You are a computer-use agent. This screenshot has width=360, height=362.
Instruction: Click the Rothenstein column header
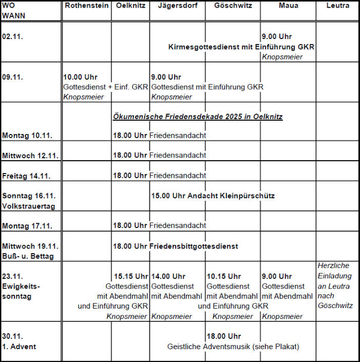pyautogui.click(x=86, y=6)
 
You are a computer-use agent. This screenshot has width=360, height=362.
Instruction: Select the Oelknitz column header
pyautogui.click(x=130, y=6)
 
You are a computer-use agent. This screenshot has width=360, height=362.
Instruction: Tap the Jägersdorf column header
pyautogui.click(x=178, y=6)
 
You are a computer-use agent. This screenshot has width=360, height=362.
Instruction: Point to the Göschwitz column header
pyautogui.click(x=233, y=6)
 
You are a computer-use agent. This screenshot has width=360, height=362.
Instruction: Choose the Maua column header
pyautogui.click(x=288, y=6)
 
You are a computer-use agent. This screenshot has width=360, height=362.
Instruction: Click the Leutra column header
pyautogui.click(x=337, y=6)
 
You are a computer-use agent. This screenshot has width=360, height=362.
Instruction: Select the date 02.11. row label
pyautogui.click(x=13, y=37)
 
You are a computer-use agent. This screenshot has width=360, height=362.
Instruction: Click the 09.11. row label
pyautogui.click(x=13, y=77)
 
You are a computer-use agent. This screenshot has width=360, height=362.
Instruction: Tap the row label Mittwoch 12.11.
pyautogui.click(x=30, y=155)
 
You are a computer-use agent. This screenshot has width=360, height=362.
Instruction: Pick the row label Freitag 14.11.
pyautogui.click(x=27, y=176)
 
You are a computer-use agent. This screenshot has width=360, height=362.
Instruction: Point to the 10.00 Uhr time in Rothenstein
pyautogui.click(x=80, y=77)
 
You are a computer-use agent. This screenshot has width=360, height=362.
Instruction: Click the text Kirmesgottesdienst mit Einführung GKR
pyautogui.click(x=241, y=47)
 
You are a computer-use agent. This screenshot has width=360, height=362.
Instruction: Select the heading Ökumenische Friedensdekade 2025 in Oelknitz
pyautogui.click(x=198, y=117)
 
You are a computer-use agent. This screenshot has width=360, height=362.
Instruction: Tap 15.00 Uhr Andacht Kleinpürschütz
pyautogui.click(x=213, y=196)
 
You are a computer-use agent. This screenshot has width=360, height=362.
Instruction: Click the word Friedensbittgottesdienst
pyautogui.click(x=194, y=246)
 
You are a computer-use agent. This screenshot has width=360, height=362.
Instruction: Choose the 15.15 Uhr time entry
pyautogui.click(x=130, y=276)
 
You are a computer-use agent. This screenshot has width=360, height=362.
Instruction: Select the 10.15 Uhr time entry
pyautogui.click(x=223, y=276)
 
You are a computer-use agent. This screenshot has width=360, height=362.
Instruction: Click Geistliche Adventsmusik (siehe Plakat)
pyautogui.click(x=233, y=347)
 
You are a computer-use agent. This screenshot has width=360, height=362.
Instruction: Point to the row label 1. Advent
pyautogui.click(x=19, y=347)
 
